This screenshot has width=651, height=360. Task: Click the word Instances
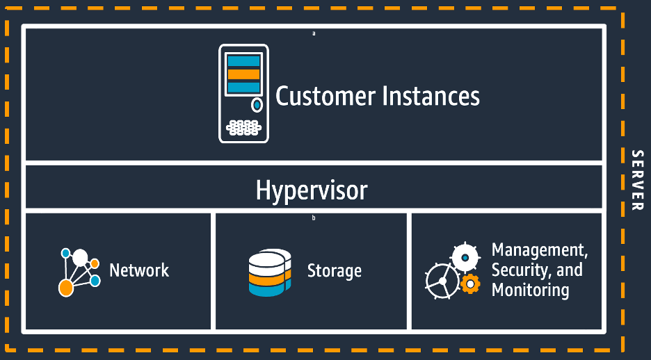(x=430, y=96)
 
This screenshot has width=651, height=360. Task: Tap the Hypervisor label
(x=311, y=190)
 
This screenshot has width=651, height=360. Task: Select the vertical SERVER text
(x=636, y=180)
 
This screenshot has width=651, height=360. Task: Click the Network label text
(x=139, y=270)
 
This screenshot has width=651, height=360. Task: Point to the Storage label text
(x=334, y=270)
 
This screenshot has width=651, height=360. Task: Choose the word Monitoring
(x=530, y=290)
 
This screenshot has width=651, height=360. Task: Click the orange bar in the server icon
(x=243, y=74)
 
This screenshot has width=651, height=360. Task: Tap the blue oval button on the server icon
(x=257, y=105)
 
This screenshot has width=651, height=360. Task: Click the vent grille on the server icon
(x=243, y=127)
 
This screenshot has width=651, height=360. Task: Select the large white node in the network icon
(x=80, y=258)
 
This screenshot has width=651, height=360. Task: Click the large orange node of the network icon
(x=66, y=286)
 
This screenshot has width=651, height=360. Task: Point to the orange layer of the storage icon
(x=266, y=278)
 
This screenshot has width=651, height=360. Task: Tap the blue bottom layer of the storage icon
(x=266, y=290)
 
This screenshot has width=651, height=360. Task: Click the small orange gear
(x=471, y=284)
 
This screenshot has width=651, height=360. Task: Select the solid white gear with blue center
(x=464, y=258)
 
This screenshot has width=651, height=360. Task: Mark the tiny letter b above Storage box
(x=314, y=218)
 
